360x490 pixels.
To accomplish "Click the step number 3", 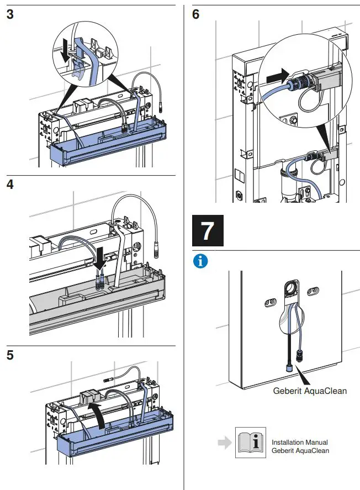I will (10, 14).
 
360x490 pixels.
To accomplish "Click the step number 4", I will (10, 184).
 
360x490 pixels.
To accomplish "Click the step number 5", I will (10, 355).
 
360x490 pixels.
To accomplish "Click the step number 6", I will (196, 14).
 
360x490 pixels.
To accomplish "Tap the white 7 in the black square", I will (207, 231).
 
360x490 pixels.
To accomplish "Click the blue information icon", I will (200, 261).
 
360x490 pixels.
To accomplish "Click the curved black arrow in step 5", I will (100, 414).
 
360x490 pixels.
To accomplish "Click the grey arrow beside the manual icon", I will (223, 442).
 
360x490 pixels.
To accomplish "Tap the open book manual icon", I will (250, 442).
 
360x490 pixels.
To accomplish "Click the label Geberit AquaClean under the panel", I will (310, 391).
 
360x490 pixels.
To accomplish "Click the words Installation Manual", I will (299, 442).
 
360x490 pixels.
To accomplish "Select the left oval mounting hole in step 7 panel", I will (270, 301).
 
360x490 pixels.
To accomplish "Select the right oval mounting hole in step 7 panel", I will (313, 291).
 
